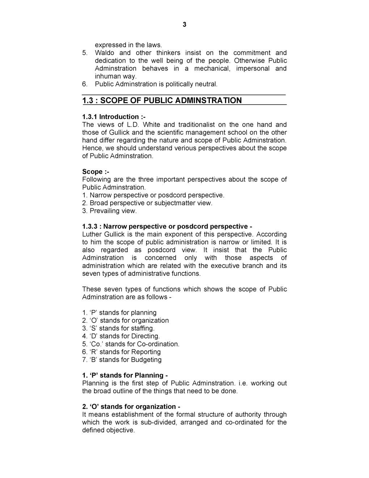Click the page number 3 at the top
[184, 25]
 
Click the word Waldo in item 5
[104, 53]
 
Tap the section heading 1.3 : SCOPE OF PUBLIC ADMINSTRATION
[162, 100]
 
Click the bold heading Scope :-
[96, 172]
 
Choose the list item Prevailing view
[109, 211]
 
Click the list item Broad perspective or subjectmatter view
[147, 203]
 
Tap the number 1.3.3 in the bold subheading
[90, 227]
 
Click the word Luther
[92, 234]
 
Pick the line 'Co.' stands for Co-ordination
[131, 344]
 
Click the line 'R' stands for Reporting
[121, 352]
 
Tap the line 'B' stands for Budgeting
[122, 360]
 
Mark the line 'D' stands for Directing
[121, 336]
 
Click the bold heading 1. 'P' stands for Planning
[125, 376]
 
